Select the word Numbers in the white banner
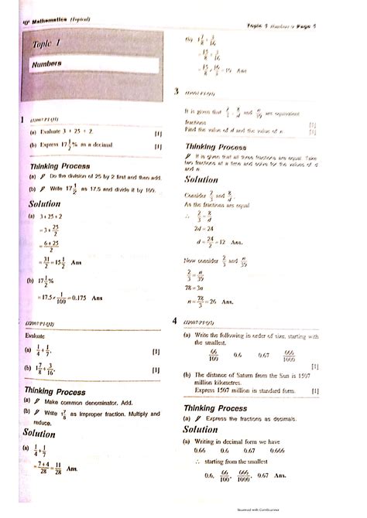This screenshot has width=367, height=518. coord(49,64)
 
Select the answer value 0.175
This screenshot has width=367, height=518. coord(77,297)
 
